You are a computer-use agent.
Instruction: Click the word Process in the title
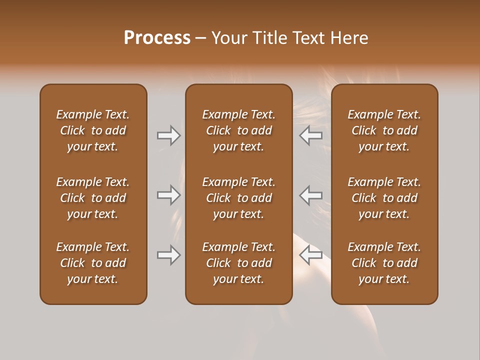point(157,38)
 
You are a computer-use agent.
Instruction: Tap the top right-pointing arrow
point(168,135)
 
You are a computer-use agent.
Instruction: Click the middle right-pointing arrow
point(168,195)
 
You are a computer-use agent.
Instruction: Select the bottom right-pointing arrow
point(168,255)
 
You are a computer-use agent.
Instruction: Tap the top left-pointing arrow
point(311,135)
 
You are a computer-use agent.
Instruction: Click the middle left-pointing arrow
point(311,195)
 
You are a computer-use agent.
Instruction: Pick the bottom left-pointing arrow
point(311,255)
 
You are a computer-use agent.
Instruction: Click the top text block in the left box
point(93,130)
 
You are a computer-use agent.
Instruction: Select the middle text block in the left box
point(93,198)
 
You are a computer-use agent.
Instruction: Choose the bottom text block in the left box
point(93,263)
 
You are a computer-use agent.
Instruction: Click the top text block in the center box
point(238,130)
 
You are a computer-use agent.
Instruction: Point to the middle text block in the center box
point(238,198)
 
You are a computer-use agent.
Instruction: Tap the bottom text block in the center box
point(238,263)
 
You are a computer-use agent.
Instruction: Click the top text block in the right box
point(384,130)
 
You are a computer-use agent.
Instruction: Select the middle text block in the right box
point(384,198)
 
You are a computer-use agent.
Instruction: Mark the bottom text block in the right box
point(384,263)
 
